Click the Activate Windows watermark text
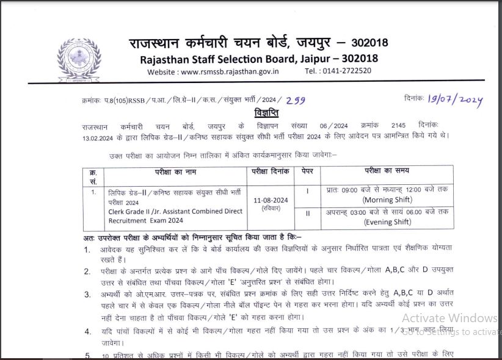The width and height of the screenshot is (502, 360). [x=449, y=318]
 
